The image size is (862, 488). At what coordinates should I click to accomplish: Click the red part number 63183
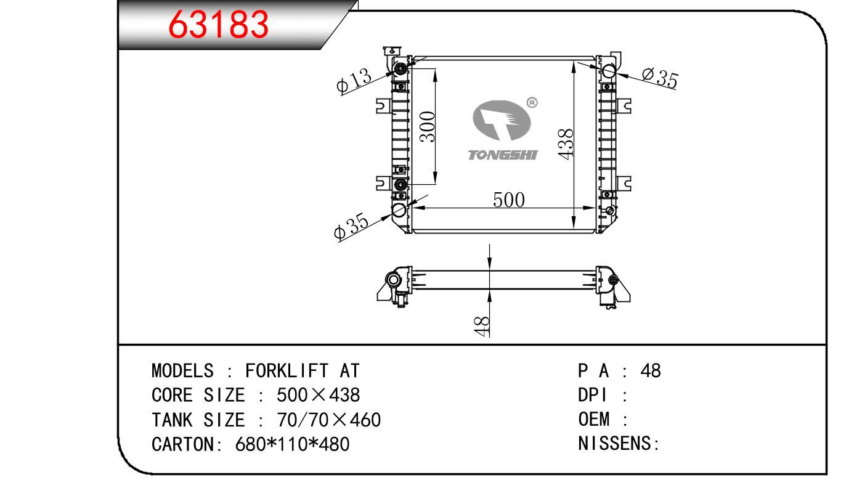(218, 24)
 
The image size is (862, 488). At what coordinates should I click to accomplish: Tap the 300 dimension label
(428, 126)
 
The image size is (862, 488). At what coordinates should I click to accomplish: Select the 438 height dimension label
(566, 144)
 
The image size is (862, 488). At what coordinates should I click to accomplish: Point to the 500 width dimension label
(509, 200)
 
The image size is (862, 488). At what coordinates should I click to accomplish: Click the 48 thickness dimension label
(482, 327)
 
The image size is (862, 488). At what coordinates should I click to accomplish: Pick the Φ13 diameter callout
(354, 81)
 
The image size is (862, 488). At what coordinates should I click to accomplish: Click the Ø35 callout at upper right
(660, 78)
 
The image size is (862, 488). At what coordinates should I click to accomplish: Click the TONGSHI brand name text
(503, 155)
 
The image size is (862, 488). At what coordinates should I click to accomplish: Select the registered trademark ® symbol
(532, 103)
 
